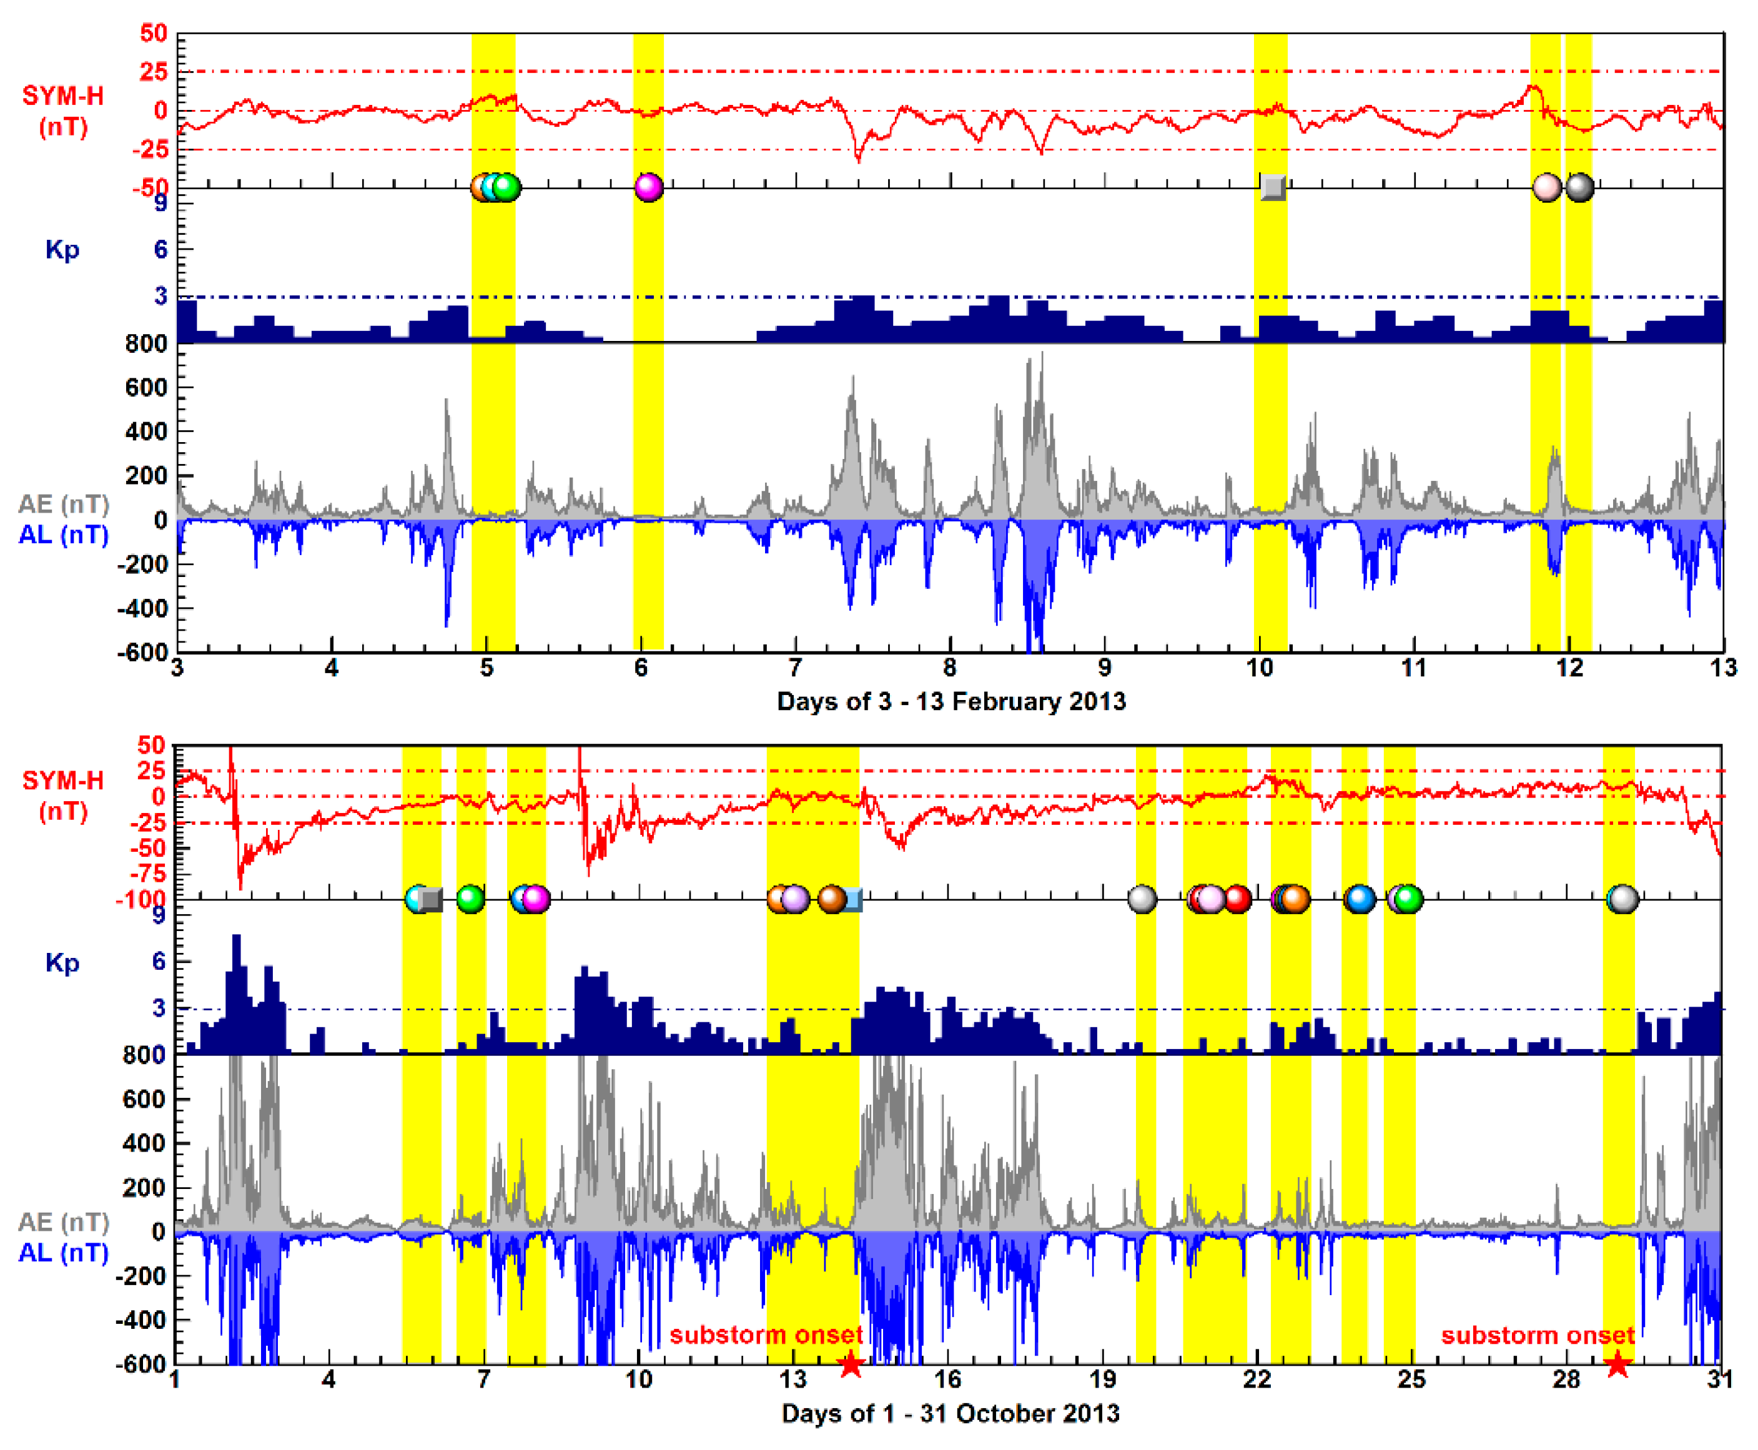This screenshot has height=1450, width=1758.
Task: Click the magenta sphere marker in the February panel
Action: (x=649, y=187)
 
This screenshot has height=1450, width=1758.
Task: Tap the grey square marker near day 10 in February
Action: (x=1273, y=187)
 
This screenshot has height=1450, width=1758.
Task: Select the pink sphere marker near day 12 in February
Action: (x=1547, y=187)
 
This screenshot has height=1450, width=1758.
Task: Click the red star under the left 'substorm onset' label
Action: (x=850, y=1365)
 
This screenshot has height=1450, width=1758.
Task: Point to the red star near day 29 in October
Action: (x=1617, y=1365)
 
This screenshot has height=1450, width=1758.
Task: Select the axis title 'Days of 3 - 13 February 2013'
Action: (x=951, y=702)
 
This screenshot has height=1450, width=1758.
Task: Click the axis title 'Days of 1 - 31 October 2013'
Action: (x=951, y=1413)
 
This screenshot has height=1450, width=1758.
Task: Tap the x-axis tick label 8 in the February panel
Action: (x=950, y=668)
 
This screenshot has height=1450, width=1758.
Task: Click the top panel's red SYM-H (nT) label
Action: (x=62, y=111)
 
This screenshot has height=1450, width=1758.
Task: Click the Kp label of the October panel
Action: (x=62, y=963)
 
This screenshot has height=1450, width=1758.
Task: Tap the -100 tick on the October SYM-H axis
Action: (x=141, y=900)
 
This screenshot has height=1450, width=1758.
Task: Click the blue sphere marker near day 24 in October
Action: (x=1360, y=899)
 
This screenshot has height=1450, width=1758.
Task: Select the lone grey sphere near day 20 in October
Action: (x=1142, y=899)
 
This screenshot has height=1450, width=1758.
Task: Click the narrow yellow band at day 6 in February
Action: (x=648, y=418)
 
